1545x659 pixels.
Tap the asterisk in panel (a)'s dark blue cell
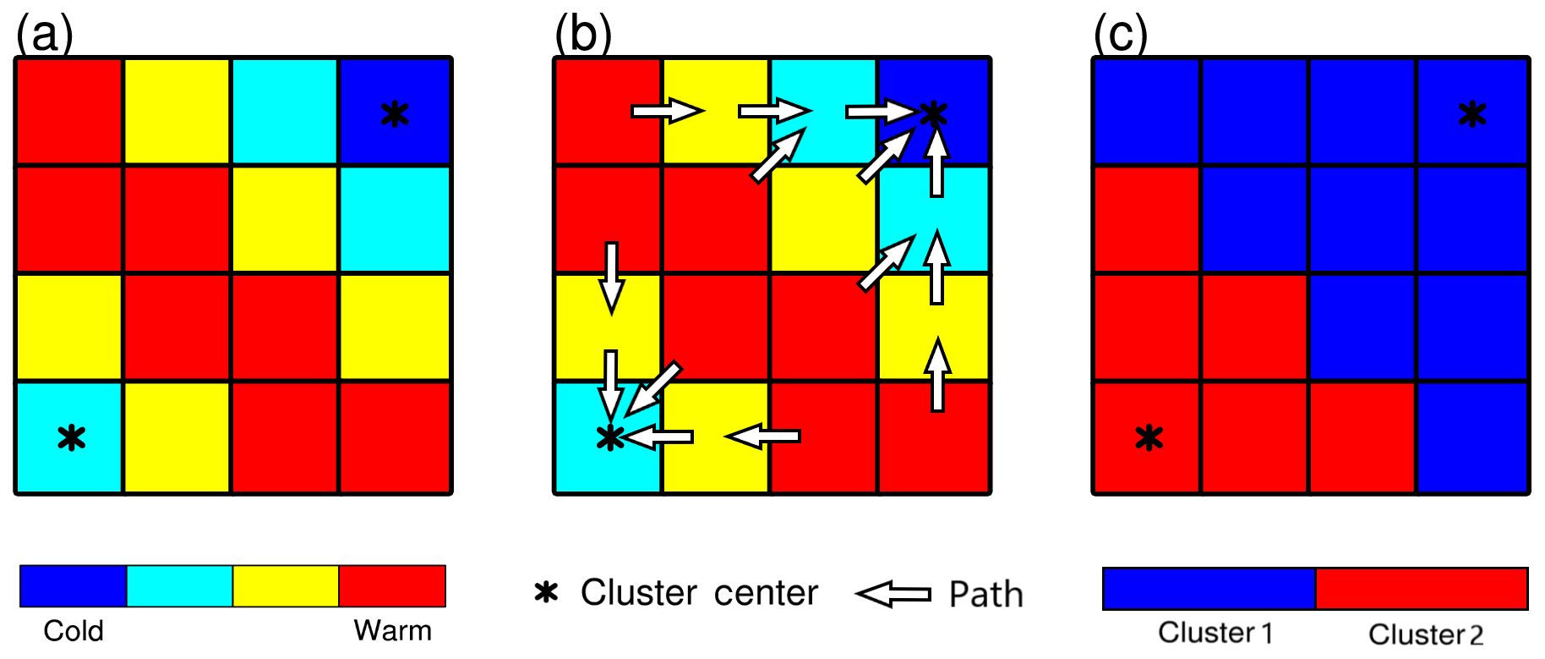point(395,114)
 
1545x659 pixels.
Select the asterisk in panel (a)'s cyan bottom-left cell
point(72,437)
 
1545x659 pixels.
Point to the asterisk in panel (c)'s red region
point(1149,437)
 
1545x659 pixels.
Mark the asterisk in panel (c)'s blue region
point(1472,114)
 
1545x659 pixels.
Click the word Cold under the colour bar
point(74,631)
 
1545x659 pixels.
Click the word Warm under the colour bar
point(392,631)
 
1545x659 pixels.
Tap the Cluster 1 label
point(1215,633)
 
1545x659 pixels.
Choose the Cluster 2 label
point(1426,634)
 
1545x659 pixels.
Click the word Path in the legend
point(985,594)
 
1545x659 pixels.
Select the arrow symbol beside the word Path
point(893,594)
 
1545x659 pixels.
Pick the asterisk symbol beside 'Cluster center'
point(546,592)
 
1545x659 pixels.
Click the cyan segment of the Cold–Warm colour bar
point(179,586)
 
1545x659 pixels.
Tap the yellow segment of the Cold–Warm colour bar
point(286,586)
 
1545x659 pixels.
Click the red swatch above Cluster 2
point(1422,589)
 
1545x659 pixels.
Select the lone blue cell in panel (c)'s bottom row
point(1472,437)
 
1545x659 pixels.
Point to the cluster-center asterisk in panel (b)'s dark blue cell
point(934,113)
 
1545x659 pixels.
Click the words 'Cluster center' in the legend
point(699,593)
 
